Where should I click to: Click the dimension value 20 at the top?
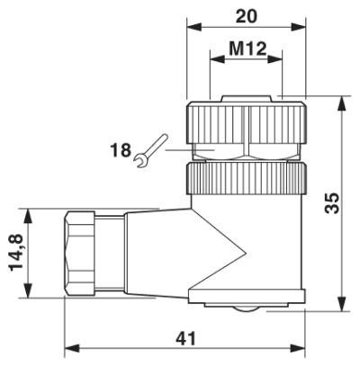(x=244, y=16)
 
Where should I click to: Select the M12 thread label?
(x=245, y=49)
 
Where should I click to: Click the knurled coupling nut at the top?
(x=245, y=119)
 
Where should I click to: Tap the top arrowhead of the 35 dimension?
(x=344, y=103)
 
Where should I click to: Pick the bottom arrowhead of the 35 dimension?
(x=344, y=303)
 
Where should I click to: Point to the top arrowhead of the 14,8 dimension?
(x=30, y=214)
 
